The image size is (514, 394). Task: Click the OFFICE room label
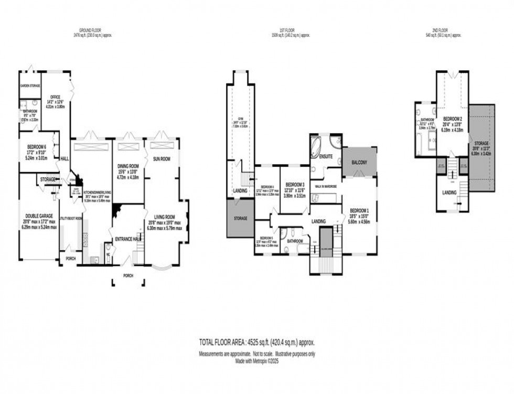click(55, 97)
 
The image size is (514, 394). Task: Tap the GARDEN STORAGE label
click(30, 86)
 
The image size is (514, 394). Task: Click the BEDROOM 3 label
click(295, 185)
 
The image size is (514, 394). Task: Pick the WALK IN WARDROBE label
click(326, 186)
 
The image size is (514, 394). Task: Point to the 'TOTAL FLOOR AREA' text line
click(256, 342)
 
